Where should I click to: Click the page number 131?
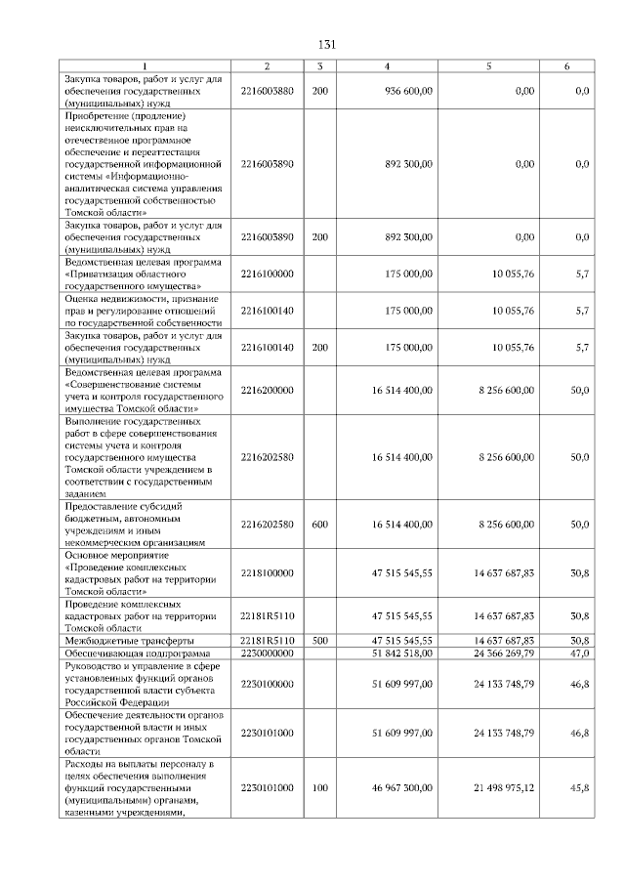point(327,45)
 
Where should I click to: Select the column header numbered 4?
point(388,65)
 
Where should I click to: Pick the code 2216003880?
point(267,90)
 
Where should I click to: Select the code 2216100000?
point(267,276)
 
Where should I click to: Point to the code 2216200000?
point(267,390)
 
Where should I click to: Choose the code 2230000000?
point(267,653)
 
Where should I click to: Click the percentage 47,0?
point(580,653)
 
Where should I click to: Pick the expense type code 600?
point(319,525)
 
